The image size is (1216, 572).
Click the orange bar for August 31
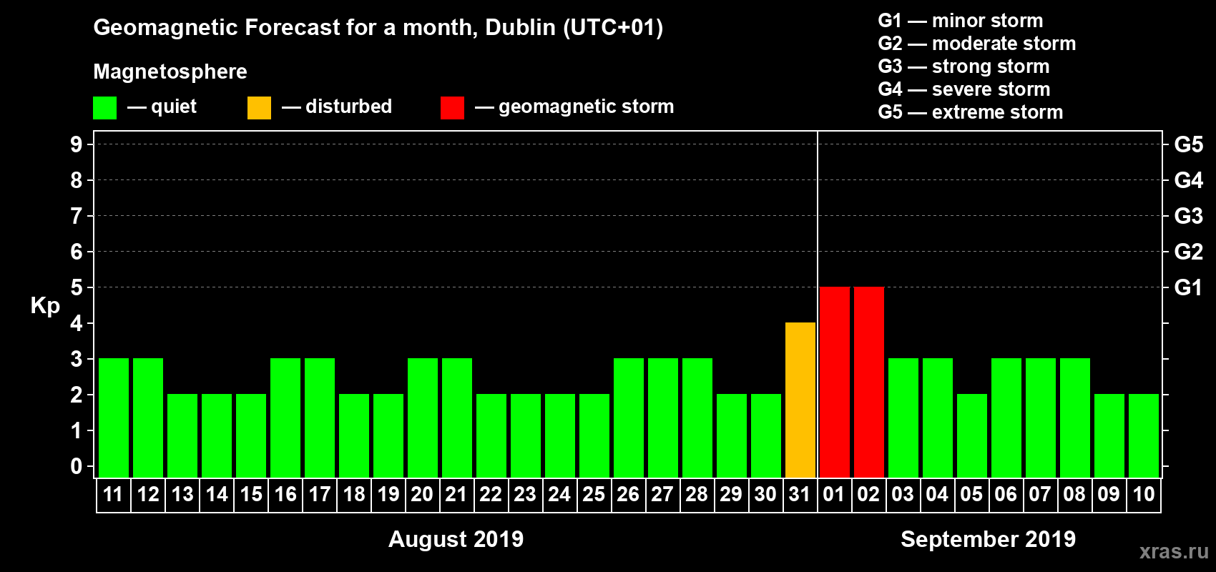coord(800,400)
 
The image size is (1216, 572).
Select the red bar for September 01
coord(835,382)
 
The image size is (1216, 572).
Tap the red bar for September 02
coord(869,382)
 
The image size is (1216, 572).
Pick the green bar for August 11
coord(114,418)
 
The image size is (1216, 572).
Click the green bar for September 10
coord(1144,435)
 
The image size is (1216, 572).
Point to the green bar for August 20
coord(423,418)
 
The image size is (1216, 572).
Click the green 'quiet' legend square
coord(105,108)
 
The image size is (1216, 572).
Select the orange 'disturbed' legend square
coord(260,108)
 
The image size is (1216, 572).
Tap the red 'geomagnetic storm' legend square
coord(452,108)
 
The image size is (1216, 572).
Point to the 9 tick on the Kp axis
coord(77,144)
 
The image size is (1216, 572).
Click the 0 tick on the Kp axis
coord(77,466)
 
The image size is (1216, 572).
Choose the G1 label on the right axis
coord(1188,287)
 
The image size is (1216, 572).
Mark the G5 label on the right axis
coord(1188,144)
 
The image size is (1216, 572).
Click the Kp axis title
coord(45,305)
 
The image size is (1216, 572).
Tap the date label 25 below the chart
coord(594,494)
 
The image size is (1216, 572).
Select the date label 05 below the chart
coord(971,494)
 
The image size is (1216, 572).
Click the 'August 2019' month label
coord(456,539)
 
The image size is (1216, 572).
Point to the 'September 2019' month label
coord(988,539)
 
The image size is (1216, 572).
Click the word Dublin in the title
coord(520,27)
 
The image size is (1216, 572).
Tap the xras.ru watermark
coord(1174,551)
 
